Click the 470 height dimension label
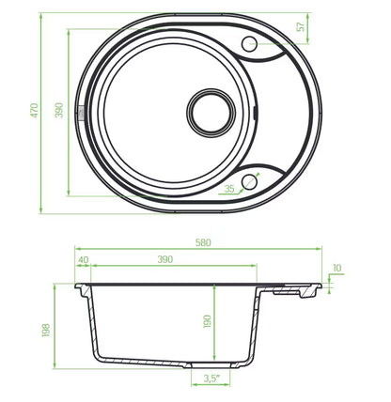[34, 110]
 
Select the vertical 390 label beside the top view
[59, 110]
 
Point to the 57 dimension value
[301, 26]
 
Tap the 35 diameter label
[229, 189]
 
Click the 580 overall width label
[203, 242]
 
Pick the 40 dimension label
[84, 260]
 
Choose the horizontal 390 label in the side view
[165, 259]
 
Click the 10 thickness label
[337, 268]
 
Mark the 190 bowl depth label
[208, 321]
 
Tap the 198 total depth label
[46, 330]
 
